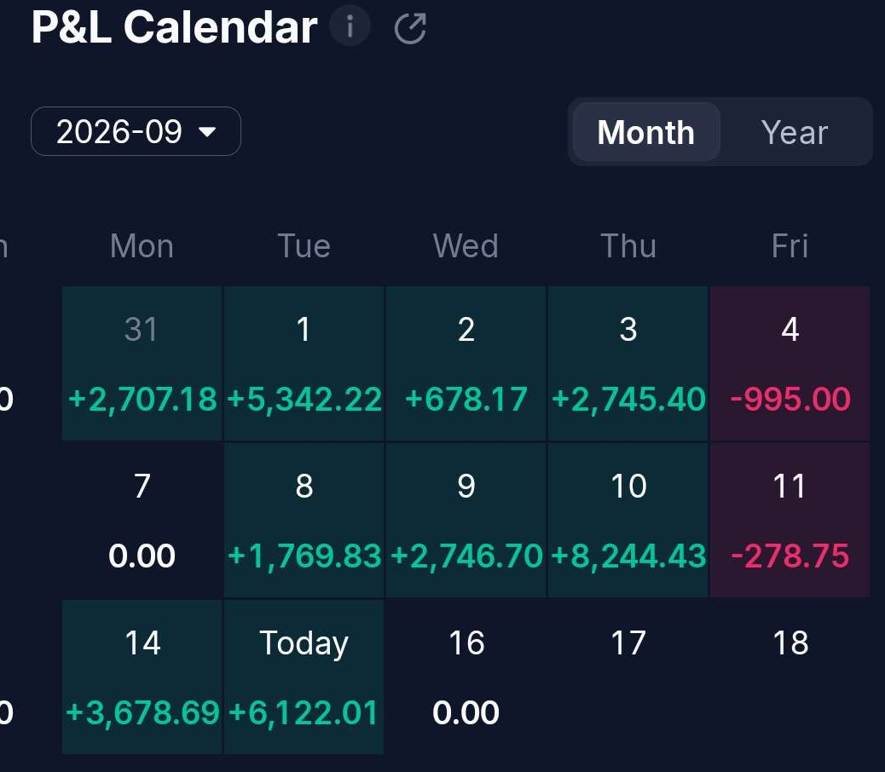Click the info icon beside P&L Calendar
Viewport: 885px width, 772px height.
pos(350,26)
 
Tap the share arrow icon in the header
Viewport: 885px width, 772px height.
pos(410,28)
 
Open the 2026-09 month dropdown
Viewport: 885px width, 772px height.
pos(136,131)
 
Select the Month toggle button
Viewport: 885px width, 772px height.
pos(646,132)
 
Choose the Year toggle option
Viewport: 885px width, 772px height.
pos(794,132)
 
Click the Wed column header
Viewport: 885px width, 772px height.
pos(466,246)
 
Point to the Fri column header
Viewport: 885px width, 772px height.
pos(790,246)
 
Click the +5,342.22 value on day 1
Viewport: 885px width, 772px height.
pos(304,400)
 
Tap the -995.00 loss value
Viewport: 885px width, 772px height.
pos(790,400)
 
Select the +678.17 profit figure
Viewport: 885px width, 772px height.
pos(466,400)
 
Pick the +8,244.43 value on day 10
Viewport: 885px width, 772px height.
pos(628,556)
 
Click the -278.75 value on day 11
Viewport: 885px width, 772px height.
pos(790,556)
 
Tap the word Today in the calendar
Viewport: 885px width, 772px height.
pos(304,642)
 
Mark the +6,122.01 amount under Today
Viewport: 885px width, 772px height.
pos(304,713)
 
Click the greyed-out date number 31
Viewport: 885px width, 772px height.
pos(141,329)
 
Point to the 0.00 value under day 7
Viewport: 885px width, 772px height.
pos(142,556)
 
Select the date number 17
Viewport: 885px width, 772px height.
pos(628,642)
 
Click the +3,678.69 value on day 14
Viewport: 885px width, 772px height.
pos(142,713)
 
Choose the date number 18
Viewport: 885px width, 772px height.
pos(790,642)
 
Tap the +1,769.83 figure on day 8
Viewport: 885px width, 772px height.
pos(304,556)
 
